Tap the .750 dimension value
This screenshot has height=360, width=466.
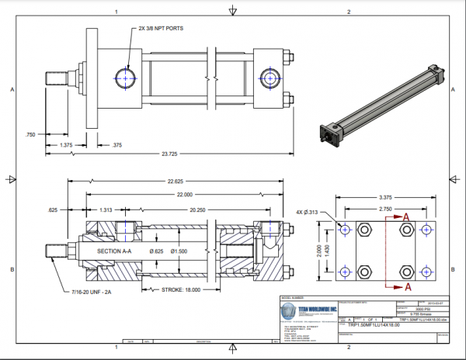[30, 133]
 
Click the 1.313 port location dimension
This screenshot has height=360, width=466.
[106, 210]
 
